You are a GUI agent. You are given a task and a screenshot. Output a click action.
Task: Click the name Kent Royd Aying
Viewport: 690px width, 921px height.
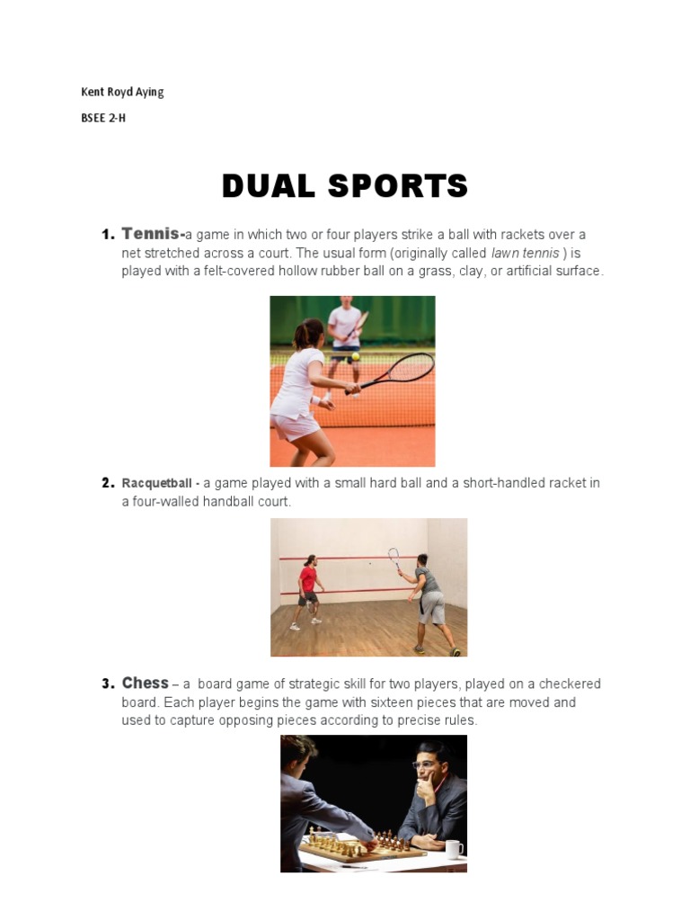[122, 92]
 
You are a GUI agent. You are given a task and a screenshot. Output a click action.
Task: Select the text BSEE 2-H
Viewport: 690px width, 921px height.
[103, 117]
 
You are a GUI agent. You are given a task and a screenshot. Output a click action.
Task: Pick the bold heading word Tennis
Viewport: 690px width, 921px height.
[150, 234]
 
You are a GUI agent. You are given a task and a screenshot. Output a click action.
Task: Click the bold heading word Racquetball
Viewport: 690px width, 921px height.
[157, 483]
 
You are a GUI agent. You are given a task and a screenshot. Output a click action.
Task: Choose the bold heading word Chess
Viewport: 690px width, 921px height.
[145, 683]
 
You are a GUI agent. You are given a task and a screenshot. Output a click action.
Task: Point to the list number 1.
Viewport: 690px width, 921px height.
[108, 235]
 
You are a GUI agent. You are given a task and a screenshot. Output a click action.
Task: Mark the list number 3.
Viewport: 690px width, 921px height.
[108, 684]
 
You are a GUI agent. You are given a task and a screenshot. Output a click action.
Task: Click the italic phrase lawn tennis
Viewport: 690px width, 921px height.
[526, 253]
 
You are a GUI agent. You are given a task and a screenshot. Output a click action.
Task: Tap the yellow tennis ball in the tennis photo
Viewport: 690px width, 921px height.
[356, 356]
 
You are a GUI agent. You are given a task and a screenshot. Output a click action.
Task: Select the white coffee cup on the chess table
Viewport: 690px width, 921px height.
[455, 848]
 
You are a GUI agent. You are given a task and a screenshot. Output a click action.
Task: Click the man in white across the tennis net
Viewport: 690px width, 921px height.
[344, 335]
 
